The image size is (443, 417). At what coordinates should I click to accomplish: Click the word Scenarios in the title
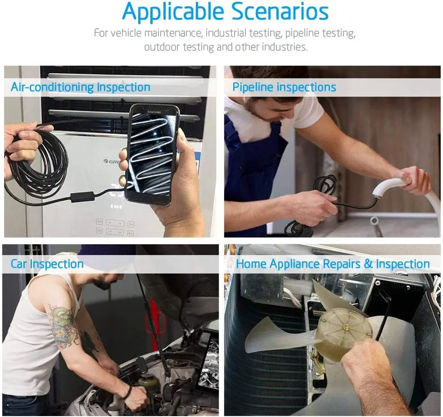pyautogui.click(x=280, y=12)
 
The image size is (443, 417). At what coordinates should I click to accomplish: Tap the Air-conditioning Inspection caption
pyautogui.click(x=81, y=87)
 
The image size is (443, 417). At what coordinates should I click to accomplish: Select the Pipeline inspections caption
pyautogui.click(x=284, y=87)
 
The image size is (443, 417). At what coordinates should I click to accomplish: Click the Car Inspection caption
pyautogui.click(x=47, y=264)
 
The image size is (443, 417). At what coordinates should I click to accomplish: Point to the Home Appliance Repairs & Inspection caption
pyautogui.click(x=333, y=264)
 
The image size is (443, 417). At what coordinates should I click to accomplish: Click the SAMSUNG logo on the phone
pyautogui.click(x=155, y=110)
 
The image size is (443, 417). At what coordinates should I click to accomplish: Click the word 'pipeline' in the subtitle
pyautogui.click(x=302, y=33)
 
